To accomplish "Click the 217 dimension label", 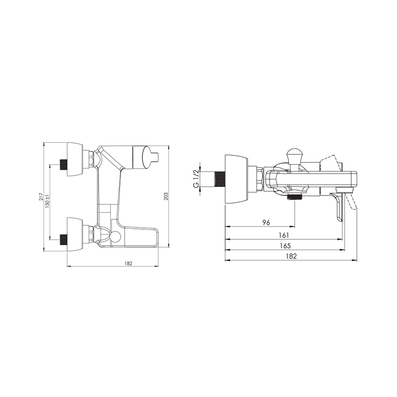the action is [41, 197].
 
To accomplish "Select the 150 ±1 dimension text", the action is [47, 201].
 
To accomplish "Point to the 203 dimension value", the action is [166, 196].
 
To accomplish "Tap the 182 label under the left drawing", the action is [129, 264].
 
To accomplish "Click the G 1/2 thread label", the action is [196, 179].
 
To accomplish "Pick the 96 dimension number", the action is [266, 222].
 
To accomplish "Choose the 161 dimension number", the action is [284, 235].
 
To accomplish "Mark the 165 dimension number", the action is [285, 246].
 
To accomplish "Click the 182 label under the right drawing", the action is [291, 256].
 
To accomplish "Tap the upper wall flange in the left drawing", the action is [75, 159].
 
